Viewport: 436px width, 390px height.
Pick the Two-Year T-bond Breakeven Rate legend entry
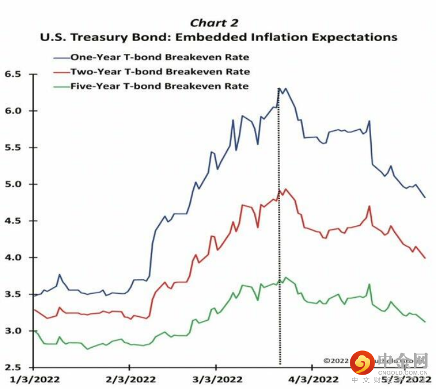[x=160, y=71]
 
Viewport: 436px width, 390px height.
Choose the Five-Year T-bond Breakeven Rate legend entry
[x=160, y=86]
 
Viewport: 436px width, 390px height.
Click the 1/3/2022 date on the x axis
[x=34, y=379]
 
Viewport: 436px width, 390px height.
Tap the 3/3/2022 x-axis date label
[x=217, y=379]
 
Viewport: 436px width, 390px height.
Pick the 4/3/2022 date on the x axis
[x=311, y=379]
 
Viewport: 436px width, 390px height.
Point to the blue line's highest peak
[x=279, y=88]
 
